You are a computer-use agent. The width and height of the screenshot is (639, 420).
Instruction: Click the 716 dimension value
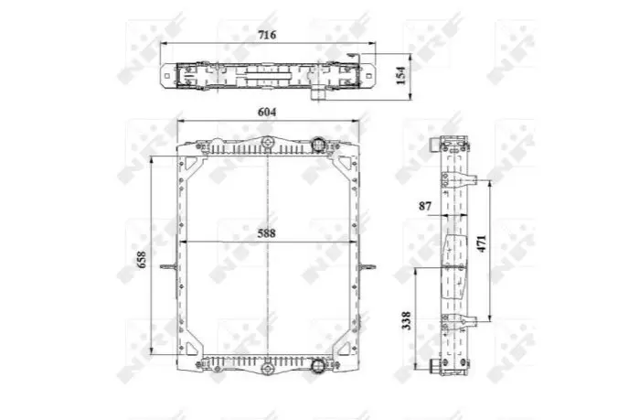[x=267, y=35]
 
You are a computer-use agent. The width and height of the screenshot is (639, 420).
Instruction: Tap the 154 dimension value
[x=401, y=75]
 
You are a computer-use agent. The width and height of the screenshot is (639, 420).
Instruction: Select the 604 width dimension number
[x=267, y=112]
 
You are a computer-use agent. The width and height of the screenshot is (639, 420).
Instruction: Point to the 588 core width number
[x=267, y=233]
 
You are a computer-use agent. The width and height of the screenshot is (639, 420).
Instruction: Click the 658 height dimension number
[x=142, y=260]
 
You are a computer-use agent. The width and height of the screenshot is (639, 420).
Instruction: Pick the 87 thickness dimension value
[x=425, y=206]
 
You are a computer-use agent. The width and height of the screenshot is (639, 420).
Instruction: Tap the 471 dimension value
[x=482, y=243]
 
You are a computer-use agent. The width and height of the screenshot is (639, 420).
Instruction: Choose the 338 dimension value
[x=406, y=320]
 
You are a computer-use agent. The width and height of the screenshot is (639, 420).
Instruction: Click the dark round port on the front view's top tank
[x=318, y=144]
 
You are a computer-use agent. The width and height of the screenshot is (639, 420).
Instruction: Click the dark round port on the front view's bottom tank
[x=317, y=364]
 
